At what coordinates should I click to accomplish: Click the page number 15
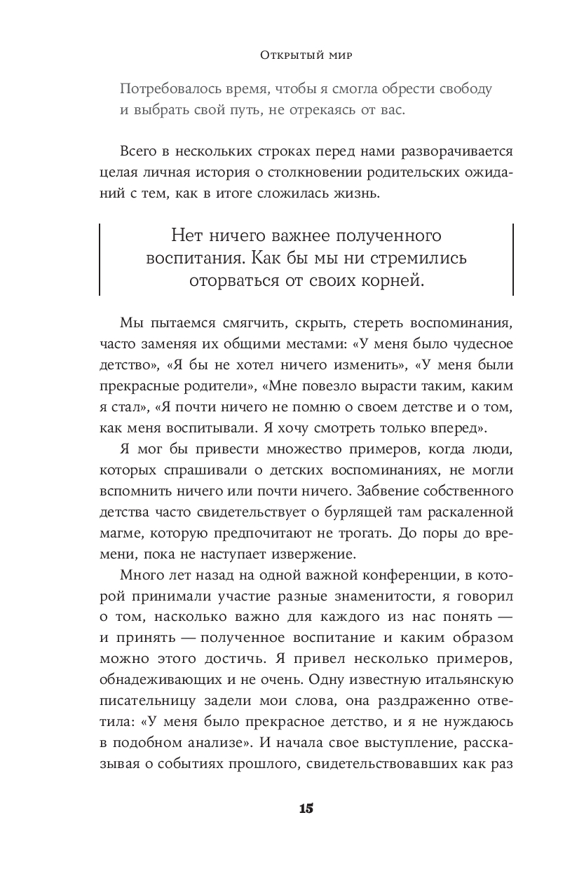coord(306,808)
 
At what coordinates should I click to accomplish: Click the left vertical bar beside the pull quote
coord(99,259)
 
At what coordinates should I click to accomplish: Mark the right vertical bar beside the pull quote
coord(513,259)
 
